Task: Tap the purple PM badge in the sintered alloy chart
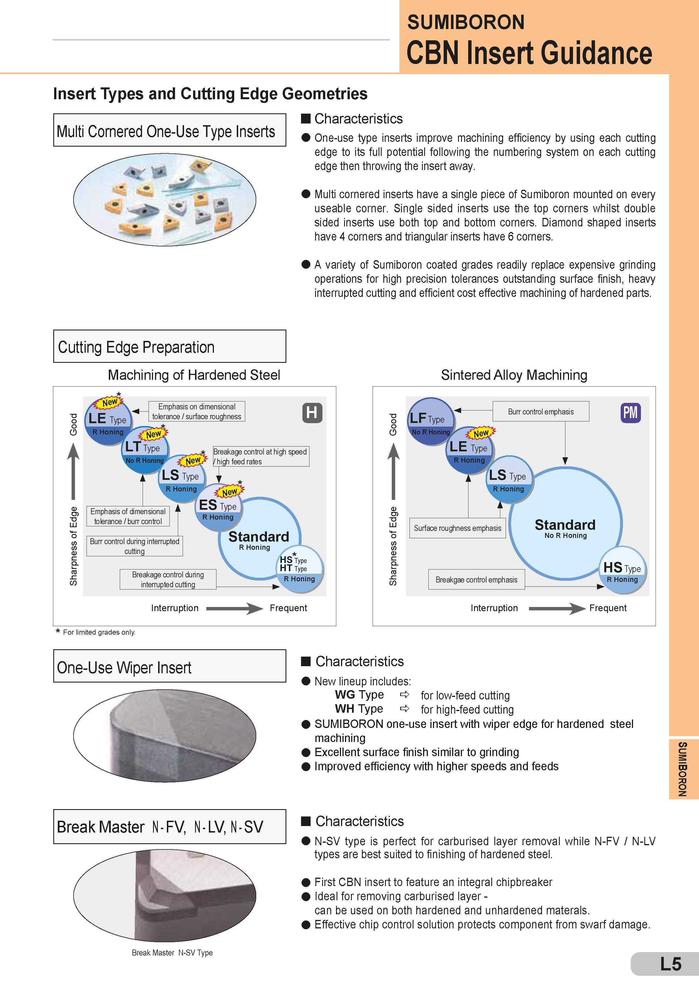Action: click(630, 413)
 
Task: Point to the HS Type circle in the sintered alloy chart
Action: click(622, 570)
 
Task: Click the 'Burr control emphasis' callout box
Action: click(541, 411)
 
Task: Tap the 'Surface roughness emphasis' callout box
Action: click(457, 528)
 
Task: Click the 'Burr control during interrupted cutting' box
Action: click(134, 546)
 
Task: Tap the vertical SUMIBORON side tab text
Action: click(682, 769)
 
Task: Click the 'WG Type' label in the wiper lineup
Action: click(359, 695)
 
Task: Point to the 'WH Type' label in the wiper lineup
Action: click(359, 709)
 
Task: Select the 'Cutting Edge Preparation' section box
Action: click(170, 346)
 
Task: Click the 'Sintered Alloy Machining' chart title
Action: click(514, 375)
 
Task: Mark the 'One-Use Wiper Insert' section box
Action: click(170, 666)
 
